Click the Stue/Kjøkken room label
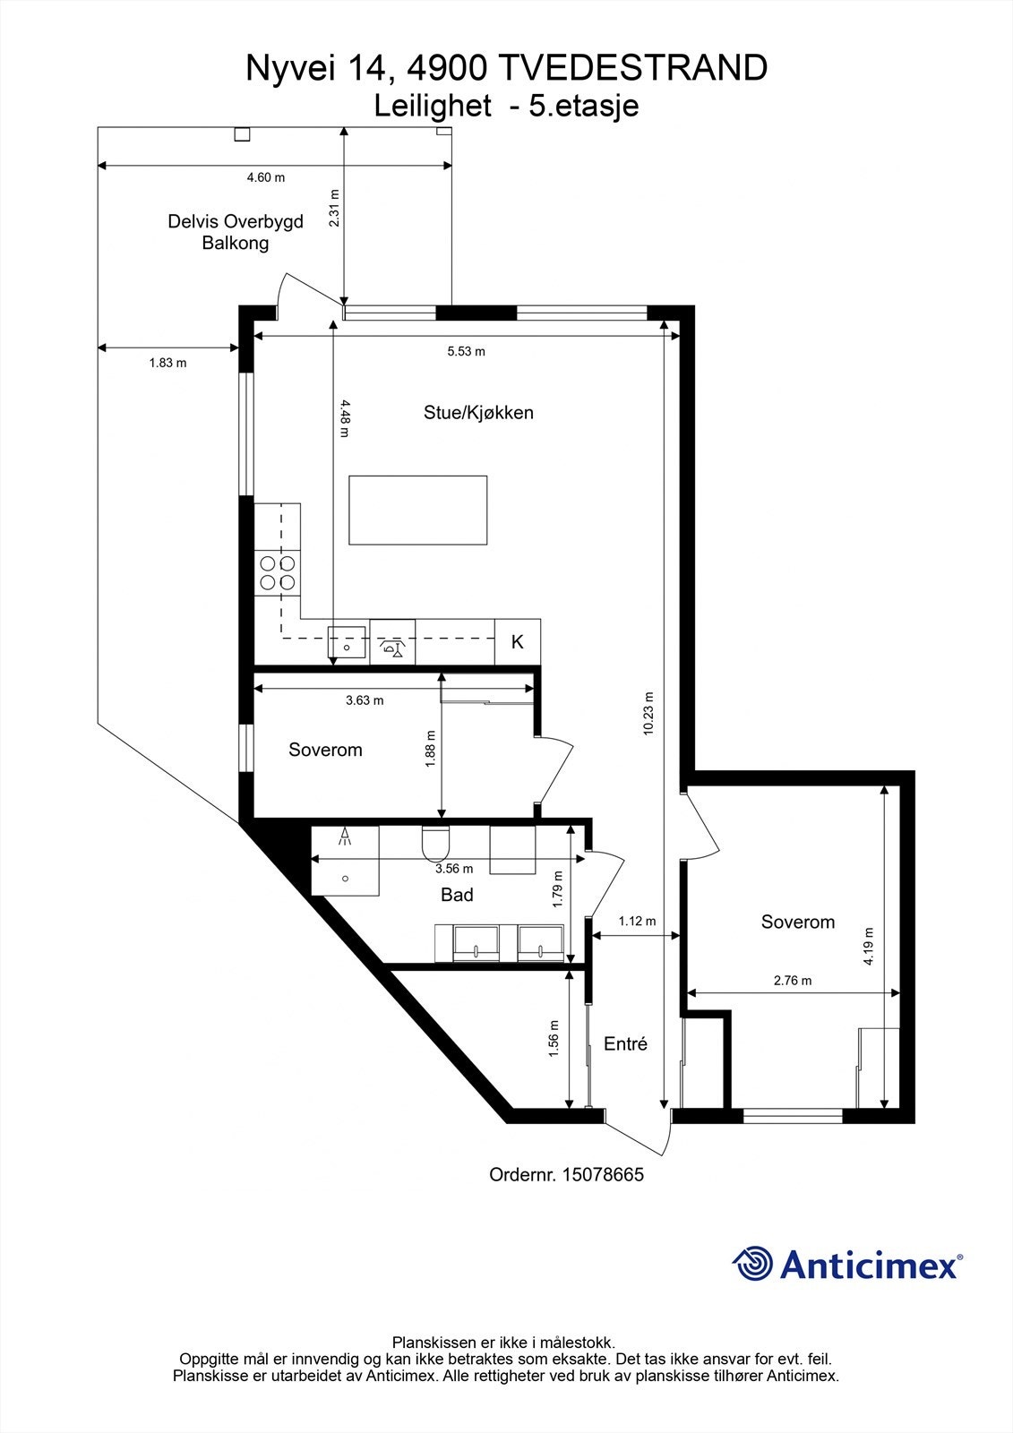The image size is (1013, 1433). pyautogui.click(x=478, y=413)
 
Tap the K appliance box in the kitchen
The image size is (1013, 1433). pyautogui.click(x=517, y=642)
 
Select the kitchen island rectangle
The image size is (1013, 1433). pyautogui.click(x=418, y=511)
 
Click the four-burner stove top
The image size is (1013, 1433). pyautogui.click(x=277, y=572)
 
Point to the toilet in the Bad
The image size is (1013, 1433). pyautogui.click(x=435, y=842)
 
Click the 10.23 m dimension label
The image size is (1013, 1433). pyautogui.click(x=648, y=714)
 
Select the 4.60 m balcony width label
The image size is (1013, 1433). pyautogui.click(x=265, y=177)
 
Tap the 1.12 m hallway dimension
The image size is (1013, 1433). pyautogui.click(x=637, y=921)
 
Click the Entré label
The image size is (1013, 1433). pyautogui.click(x=625, y=1043)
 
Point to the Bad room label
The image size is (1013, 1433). pyautogui.click(x=457, y=895)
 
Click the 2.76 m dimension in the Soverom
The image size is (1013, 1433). pyautogui.click(x=793, y=981)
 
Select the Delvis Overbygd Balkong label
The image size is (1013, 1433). pyautogui.click(x=236, y=232)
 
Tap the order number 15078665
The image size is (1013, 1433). pyautogui.click(x=602, y=1174)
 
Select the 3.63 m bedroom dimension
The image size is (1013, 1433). pyautogui.click(x=364, y=700)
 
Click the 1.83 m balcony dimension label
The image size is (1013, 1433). pyautogui.click(x=167, y=363)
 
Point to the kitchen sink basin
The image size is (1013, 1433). pyautogui.click(x=347, y=642)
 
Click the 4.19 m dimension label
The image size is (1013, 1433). pyautogui.click(x=869, y=947)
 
